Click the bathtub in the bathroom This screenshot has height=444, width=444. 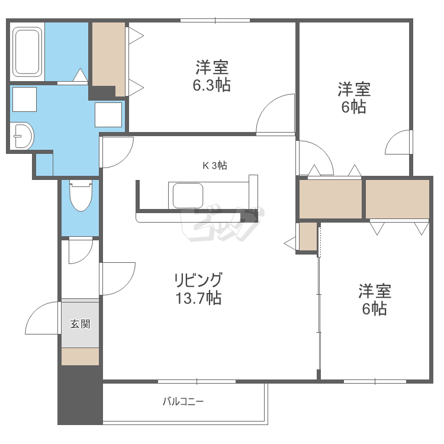pos(27,51)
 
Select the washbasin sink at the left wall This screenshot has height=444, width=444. pos(22,137)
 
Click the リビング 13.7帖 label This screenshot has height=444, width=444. pos(198,288)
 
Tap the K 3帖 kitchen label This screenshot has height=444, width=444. pos(215,166)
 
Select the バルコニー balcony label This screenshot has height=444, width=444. pos(184,402)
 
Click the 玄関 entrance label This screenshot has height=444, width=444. pos(80,324)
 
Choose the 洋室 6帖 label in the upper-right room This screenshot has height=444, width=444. pos(354,98)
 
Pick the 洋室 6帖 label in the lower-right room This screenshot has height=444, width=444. pos(375,300)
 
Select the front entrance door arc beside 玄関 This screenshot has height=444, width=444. pos(43,320)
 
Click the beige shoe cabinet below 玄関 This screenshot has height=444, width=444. pos(80,356)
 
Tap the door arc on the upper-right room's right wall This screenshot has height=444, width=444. pos(397,142)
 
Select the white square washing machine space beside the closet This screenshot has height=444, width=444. pos(108,114)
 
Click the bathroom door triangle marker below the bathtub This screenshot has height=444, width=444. pos(80,76)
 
